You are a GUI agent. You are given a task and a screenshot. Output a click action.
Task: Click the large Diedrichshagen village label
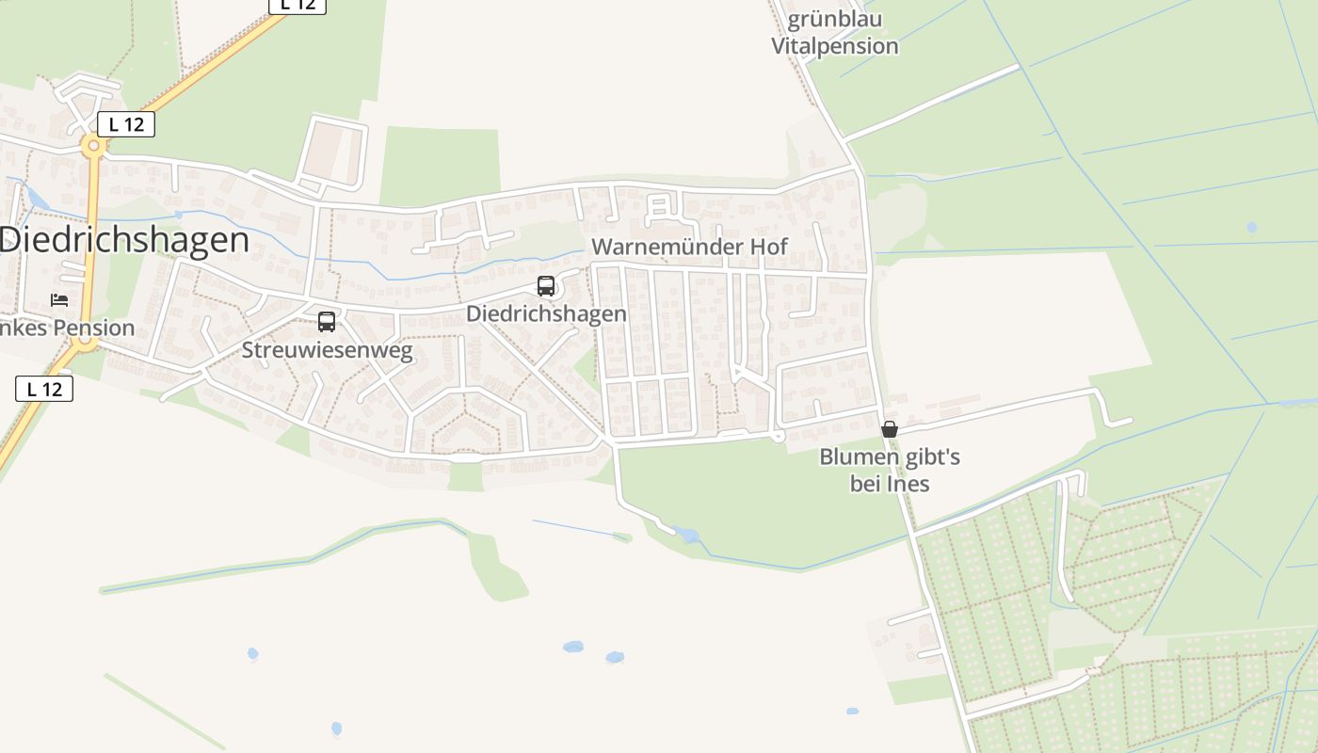click(124, 240)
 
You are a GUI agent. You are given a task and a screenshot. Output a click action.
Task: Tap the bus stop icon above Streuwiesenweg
click(327, 322)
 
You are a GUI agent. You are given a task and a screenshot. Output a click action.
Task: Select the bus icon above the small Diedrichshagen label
click(546, 286)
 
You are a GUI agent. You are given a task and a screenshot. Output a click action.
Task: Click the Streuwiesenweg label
click(327, 351)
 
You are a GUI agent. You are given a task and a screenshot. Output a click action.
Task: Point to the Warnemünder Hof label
click(689, 247)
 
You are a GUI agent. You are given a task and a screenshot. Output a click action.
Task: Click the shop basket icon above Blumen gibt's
click(889, 429)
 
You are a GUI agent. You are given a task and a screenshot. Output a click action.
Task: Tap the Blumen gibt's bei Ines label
click(890, 471)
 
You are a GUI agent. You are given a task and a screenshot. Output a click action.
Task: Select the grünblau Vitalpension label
click(834, 33)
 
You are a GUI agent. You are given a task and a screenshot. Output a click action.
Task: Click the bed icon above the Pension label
click(59, 300)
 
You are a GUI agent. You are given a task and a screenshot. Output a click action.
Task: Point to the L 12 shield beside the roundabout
click(125, 123)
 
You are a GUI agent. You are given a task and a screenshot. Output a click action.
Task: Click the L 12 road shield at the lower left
click(44, 388)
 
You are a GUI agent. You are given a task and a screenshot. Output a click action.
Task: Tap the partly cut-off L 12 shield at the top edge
click(297, 6)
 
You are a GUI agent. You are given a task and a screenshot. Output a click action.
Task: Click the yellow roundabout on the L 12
click(92, 147)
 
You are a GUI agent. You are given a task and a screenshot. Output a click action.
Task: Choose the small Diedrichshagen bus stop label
click(546, 313)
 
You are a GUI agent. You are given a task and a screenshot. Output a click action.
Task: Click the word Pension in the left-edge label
click(96, 328)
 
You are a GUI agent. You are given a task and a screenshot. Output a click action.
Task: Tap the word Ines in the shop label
click(908, 484)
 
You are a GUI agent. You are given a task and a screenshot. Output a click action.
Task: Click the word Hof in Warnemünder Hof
click(767, 247)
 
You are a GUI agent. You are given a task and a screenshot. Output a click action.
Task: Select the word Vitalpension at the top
click(834, 46)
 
